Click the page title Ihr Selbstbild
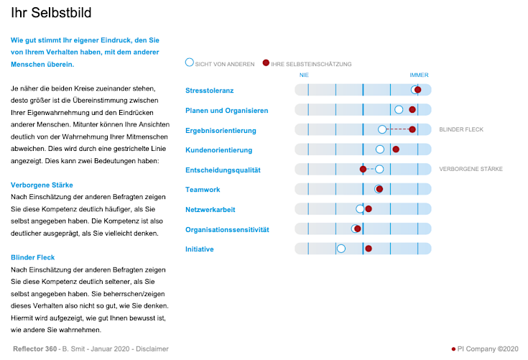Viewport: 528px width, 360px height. click(x=51, y=13)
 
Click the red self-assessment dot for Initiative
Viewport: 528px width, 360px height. click(x=368, y=249)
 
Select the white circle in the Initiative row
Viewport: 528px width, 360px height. click(x=341, y=249)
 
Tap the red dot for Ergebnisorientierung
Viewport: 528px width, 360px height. click(x=412, y=129)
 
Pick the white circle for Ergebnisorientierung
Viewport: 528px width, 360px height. click(x=382, y=129)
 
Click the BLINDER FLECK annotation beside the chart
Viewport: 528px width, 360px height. click(x=461, y=129)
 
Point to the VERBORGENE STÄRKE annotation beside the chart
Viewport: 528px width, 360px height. click(x=471, y=169)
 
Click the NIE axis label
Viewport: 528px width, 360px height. click(x=305, y=75)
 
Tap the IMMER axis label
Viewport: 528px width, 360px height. click(x=419, y=75)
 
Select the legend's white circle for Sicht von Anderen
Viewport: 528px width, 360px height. click(x=190, y=63)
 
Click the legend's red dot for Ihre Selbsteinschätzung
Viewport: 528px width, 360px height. click(x=267, y=63)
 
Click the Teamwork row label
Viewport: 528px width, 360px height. click(x=203, y=190)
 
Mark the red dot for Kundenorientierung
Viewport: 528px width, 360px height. click(x=395, y=149)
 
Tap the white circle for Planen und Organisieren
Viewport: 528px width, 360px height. click(x=399, y=109)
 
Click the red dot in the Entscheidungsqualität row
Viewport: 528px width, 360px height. click(x=363, y=169)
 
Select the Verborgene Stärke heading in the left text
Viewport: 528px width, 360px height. click(x=42, y=185)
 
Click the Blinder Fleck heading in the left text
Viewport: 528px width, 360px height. click(x=33, y=257)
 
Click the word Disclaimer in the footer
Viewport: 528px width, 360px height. click(x=152, y=349)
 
